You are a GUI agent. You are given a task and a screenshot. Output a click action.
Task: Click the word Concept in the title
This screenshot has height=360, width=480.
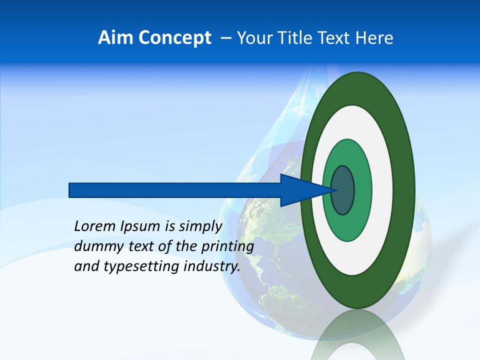(174, 38)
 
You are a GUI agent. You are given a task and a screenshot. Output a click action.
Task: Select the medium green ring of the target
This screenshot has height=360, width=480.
(362, 190)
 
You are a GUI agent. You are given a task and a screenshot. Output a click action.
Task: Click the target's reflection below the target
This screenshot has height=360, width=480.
(358, 335)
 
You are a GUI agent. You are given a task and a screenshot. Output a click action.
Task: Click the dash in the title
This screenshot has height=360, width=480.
(225, 38)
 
